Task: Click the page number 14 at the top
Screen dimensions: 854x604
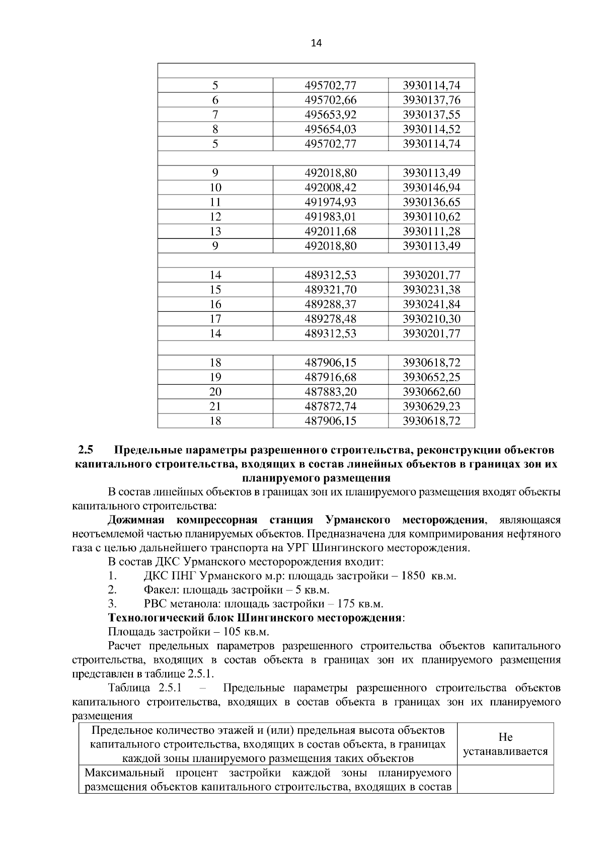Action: click(316, 43)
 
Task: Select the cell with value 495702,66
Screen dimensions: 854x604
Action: click(331, 100)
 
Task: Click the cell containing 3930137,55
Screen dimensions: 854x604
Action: click(431, 115)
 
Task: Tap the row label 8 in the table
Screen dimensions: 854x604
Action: click(215, 129)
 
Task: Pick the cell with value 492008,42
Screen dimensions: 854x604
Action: click(331, 188)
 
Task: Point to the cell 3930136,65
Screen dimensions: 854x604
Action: click(431, 202)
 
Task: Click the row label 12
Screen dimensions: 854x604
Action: click(215, 217)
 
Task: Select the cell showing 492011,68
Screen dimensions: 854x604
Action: click(331, 231)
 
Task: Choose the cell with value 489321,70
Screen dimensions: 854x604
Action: click(331, 290)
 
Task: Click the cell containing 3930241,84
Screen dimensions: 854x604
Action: click(431, 304)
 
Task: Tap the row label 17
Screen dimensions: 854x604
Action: click(215, 319)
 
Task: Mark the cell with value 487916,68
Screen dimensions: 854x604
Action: click(331, 377)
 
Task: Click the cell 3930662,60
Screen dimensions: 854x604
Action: click(431, 392)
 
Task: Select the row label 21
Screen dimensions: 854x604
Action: click(215, 406)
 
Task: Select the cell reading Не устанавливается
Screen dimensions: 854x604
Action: click(505, 744)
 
